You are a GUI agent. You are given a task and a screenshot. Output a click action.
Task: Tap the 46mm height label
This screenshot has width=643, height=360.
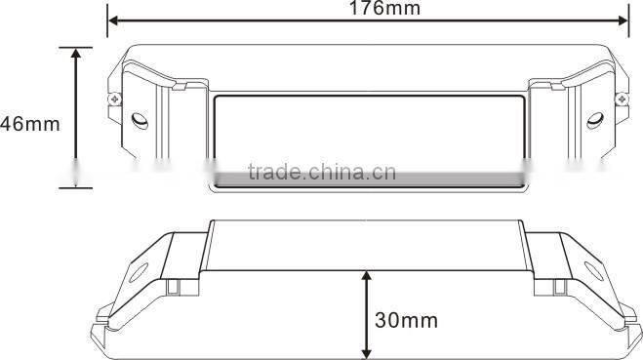click(30, 124)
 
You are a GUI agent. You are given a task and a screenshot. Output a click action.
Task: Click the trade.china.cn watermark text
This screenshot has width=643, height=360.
click(321, 173)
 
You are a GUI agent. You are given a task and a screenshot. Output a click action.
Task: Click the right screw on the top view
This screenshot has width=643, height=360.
click(618, 98)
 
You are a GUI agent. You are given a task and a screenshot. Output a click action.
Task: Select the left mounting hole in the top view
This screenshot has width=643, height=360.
click(140, 122)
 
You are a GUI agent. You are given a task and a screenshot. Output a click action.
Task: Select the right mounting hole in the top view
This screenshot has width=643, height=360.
click(595, 122)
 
